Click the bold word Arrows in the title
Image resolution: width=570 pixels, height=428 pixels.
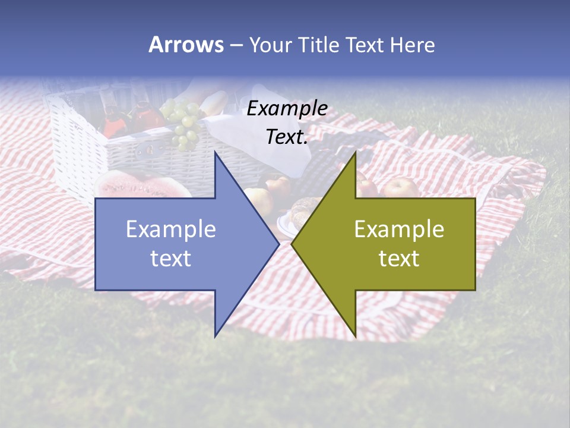tap(186, 45)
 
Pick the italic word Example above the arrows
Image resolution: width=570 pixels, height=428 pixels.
tap(287, 109)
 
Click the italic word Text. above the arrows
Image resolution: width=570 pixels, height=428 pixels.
tap(287, 137)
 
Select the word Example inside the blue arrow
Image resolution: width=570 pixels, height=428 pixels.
tap(171, 229)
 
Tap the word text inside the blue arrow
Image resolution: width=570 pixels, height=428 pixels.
tap(171, 259)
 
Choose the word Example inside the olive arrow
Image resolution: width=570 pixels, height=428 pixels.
tap(399, 229)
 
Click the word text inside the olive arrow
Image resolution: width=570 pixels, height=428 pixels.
tap(399, 259)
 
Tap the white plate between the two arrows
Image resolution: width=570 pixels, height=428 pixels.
tap(284, 225)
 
